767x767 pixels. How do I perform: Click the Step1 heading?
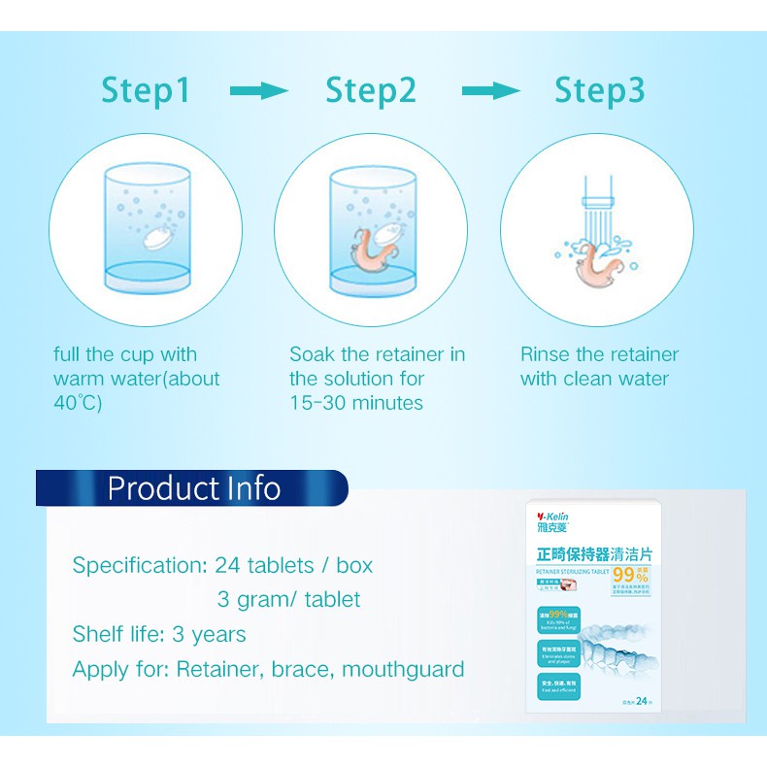(x=147, y=91)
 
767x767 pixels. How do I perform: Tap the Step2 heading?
(x=371, y=91)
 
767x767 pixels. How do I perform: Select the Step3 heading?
(x=599, y=91)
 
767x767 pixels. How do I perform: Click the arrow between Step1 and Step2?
(x=259, y=91)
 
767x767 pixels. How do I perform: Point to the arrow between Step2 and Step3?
(x=491, y=91)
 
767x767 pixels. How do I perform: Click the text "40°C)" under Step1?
(x=78, y=403)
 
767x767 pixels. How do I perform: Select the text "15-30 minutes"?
(x=356, y=403)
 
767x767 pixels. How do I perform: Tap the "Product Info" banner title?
(x=193, y=487)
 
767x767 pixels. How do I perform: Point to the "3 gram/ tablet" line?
(x=288, y=599)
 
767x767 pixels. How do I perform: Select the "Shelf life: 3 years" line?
(x=159, y=634)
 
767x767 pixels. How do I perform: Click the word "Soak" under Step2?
(x=314, y=354)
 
